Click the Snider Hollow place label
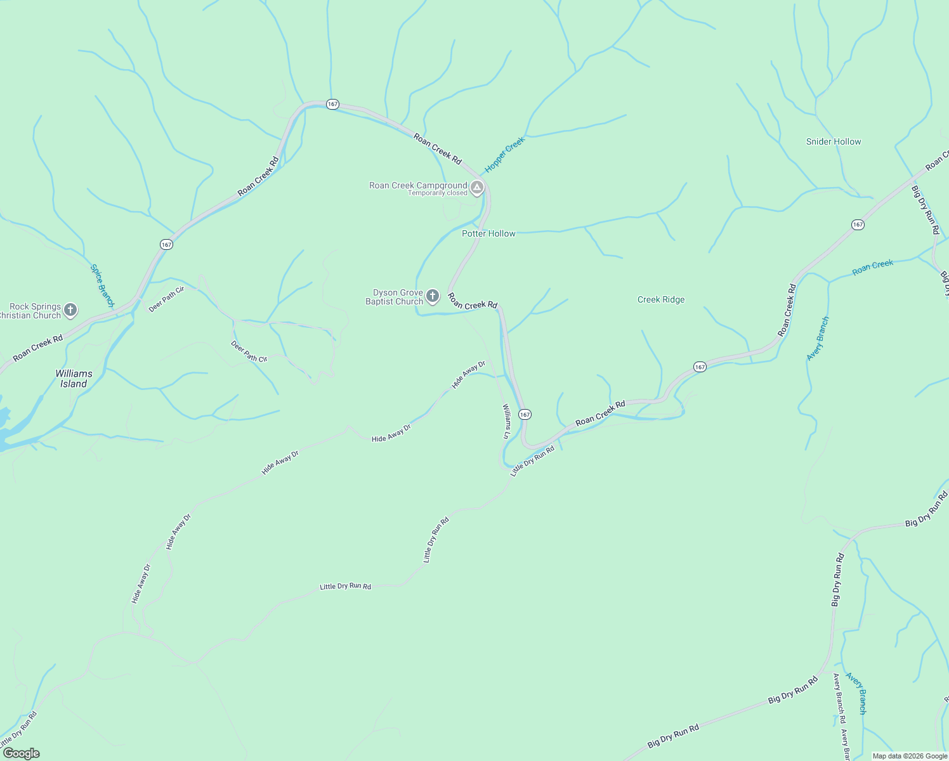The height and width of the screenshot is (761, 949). (833, 141)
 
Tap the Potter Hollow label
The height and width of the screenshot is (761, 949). (488, 233)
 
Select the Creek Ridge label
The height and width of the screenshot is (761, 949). (660, 299)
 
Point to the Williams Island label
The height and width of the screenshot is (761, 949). (74, 379)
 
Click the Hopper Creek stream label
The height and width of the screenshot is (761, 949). (505, 155)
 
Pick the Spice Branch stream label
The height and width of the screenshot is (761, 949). (102, 286)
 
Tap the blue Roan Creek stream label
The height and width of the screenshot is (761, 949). (872, 267)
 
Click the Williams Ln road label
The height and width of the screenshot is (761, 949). (506, 421)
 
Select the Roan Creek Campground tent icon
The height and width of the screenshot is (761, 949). (477, 188)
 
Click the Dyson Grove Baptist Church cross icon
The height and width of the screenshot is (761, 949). (433, 296)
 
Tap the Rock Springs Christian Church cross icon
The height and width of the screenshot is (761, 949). (70, 310)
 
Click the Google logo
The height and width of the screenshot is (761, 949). (21, 753)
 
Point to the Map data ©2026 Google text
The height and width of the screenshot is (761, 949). (910, 756)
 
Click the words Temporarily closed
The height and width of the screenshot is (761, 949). (437, 193)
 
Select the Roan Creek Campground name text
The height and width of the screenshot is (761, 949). (418, 185)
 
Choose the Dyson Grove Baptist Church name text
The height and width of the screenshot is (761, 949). (394, 297)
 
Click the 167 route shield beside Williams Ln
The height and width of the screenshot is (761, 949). (525, 414)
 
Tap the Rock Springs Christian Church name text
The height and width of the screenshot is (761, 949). (32, 311)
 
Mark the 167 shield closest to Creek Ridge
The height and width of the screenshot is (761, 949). (699, 367)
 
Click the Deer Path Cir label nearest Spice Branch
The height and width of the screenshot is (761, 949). (166, 299)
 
